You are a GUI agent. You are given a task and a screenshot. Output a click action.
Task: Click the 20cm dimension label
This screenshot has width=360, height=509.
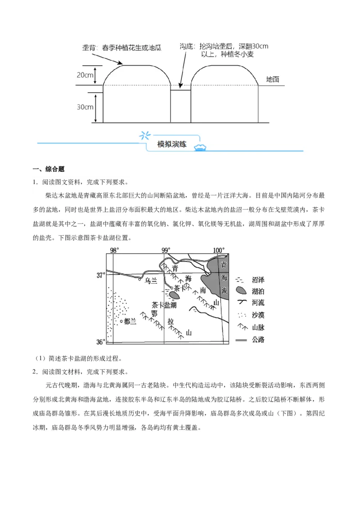point(85,75)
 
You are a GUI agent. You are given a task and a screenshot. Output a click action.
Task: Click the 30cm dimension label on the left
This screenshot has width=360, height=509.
point(85,107)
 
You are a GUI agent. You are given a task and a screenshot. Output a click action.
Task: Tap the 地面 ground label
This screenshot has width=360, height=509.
point(272,80)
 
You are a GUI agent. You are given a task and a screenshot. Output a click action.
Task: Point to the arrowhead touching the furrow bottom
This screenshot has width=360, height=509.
point(180,87)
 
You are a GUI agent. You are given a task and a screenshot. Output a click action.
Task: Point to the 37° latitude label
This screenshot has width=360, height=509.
point(100,275)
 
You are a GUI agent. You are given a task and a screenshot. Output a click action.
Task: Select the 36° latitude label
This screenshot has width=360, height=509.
point(100,342)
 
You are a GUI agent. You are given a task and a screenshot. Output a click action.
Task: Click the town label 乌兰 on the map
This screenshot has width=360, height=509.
point(151,281)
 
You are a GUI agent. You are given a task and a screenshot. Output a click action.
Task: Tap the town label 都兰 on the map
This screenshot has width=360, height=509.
point(130,321)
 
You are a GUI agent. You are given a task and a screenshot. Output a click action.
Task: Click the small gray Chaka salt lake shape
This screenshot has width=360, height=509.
point(175,295)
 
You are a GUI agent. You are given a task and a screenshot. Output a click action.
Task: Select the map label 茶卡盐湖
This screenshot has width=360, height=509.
point(164,305)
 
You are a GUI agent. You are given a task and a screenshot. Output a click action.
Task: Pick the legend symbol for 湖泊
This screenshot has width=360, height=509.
point(241,291)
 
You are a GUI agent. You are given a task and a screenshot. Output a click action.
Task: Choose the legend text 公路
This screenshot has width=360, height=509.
point(258,339)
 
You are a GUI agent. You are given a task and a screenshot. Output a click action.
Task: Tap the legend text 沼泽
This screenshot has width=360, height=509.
point(258,279)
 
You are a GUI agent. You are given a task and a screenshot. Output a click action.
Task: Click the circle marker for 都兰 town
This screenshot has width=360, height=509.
point(121,321)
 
